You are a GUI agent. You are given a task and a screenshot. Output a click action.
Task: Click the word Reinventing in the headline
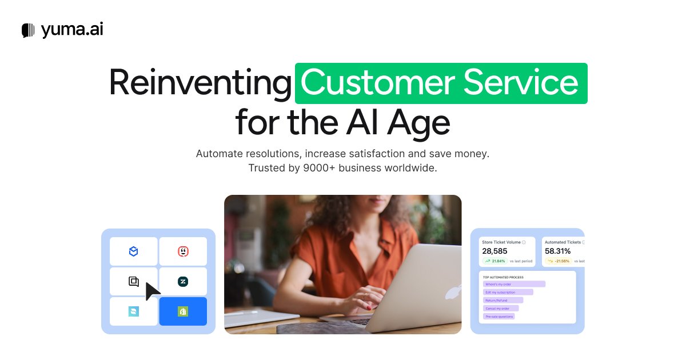click(x=200, y=83)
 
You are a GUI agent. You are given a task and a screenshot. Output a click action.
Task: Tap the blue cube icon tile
click(x=133, y=251)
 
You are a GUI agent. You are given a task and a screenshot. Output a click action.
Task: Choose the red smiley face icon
click(x=183, y=251)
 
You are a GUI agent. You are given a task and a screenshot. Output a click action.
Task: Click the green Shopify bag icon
click(x=183, y=311)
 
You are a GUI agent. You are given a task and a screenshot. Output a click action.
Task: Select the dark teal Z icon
click(x=183, y=282)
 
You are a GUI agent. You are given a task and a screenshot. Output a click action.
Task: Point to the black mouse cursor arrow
click(x=152, y=291)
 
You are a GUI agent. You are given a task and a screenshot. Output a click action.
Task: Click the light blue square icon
click(x=133, y=311)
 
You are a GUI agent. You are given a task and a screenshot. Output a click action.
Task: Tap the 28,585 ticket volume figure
click(x=495, y=251)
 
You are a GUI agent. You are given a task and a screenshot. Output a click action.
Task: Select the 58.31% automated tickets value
click(x=557, y=251)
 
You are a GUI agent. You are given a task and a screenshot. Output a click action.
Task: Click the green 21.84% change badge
click(x=494, y=261)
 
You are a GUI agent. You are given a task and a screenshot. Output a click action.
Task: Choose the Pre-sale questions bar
click(x=498, y=316)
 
